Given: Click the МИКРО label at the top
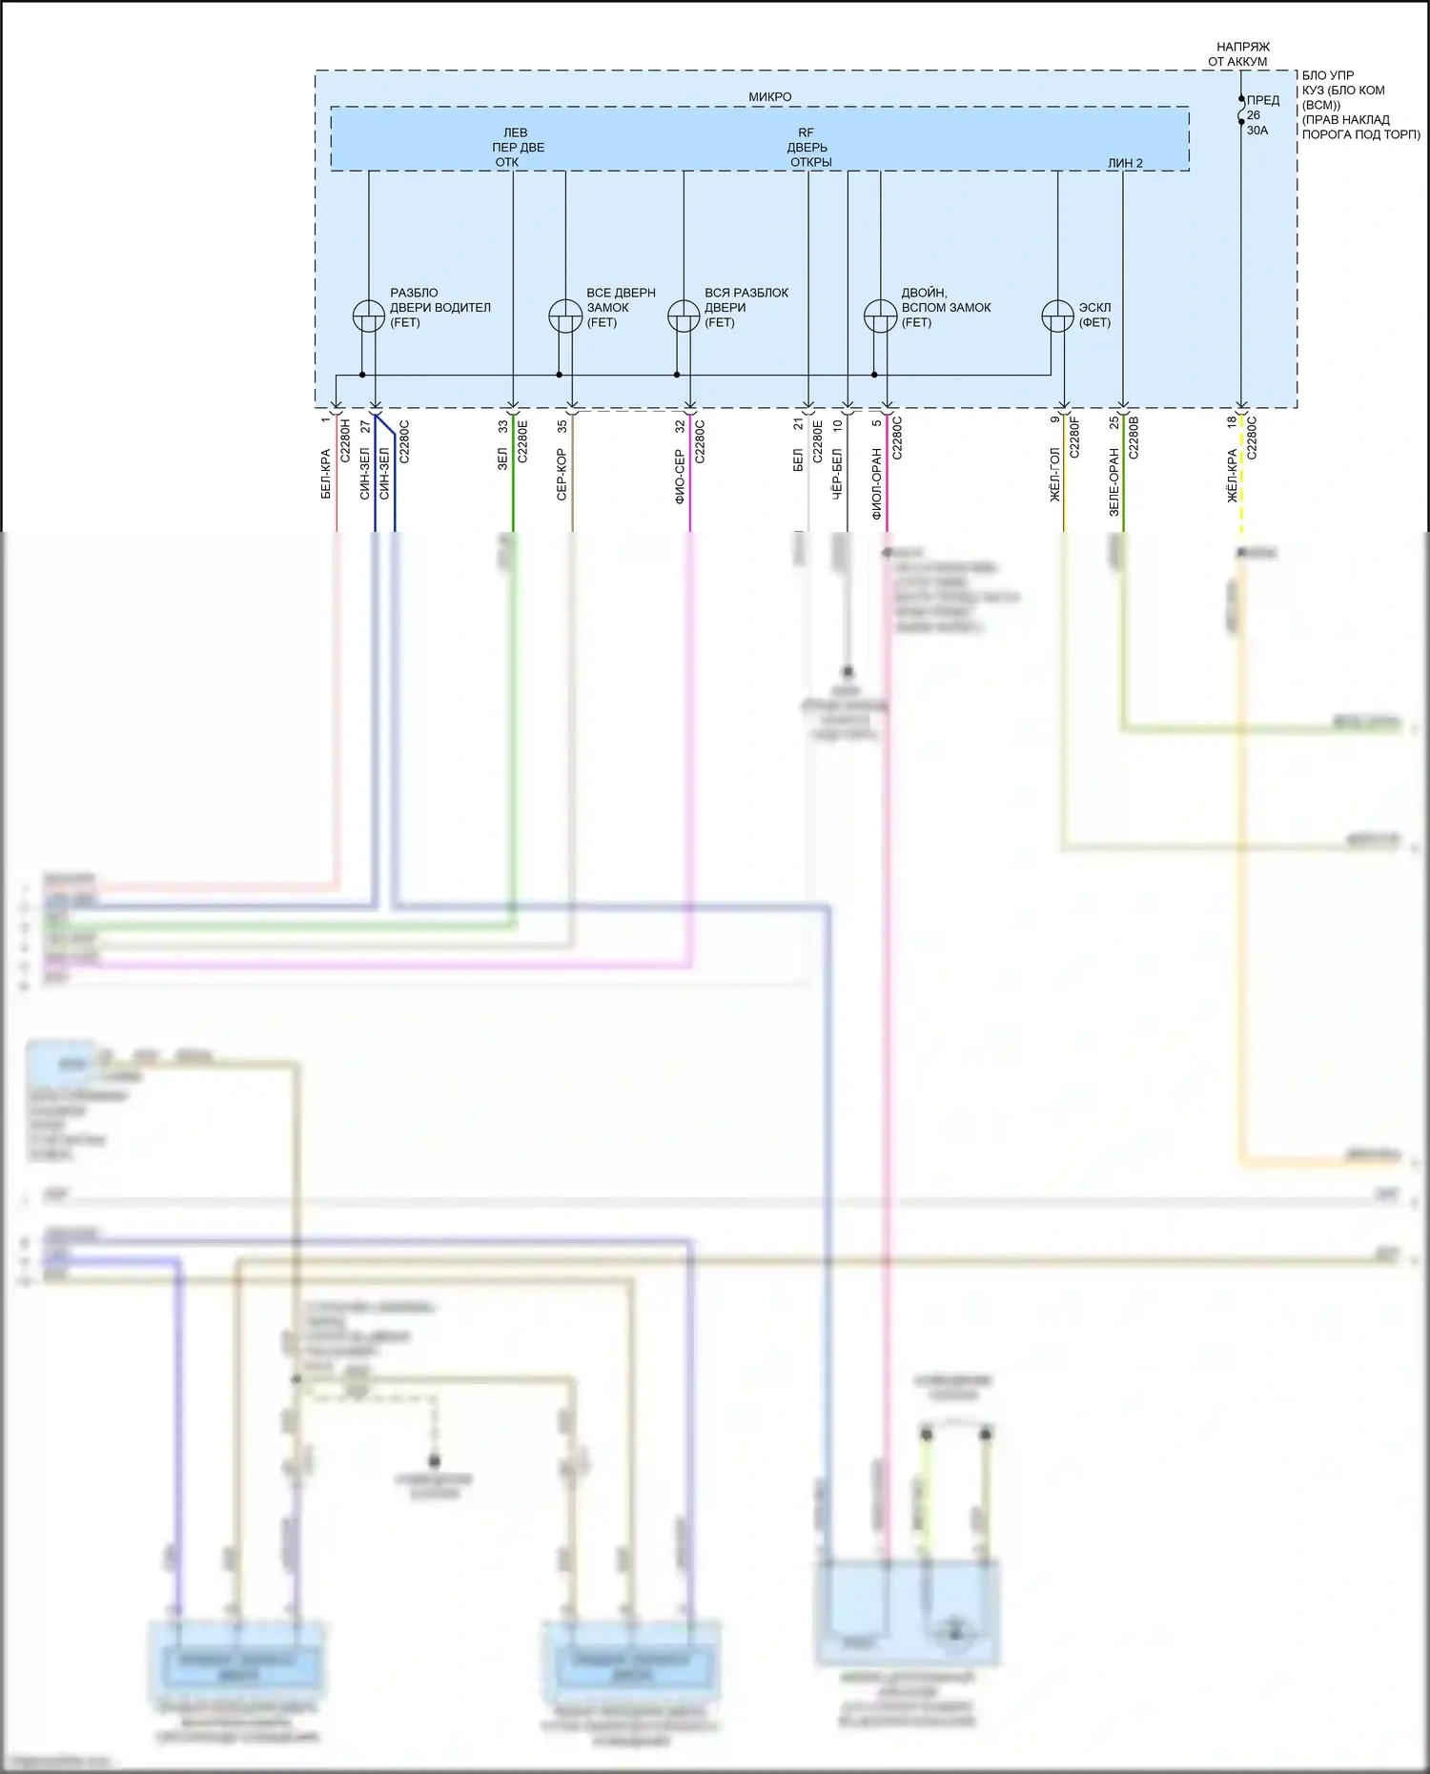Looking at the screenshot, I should (769, 97).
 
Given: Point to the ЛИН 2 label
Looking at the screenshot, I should (1125, 163).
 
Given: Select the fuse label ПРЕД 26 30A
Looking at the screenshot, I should (1262, 115).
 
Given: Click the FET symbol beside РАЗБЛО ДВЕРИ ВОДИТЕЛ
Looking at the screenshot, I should (369, 316).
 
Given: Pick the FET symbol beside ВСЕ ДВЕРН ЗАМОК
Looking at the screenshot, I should (565, 316).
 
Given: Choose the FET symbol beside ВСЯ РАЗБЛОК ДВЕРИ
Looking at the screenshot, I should (684, 316).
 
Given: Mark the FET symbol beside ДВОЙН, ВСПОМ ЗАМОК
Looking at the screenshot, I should (880, 316).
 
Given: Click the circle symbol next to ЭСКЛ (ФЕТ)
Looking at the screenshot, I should (1057, 316).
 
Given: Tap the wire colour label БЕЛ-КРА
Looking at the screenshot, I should (325, 474).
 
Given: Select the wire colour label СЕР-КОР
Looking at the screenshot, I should (562, 475).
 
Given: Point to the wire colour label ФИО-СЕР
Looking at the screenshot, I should (680, 477).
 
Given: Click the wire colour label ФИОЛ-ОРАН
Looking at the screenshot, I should (876, 484).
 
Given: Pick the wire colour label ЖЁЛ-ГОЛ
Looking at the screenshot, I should (1054, 475).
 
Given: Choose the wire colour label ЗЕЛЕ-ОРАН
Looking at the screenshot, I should (1113, 482).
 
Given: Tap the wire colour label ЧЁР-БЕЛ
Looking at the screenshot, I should (837, 475).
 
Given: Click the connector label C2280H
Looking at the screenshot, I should (345, 440).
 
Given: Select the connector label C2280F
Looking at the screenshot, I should (1074, 438).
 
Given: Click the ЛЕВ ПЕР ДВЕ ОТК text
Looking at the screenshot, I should (516, 148).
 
